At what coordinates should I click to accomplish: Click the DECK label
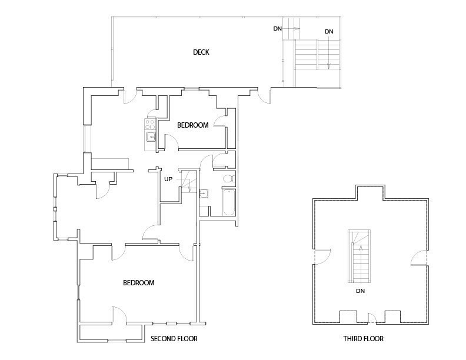point(201,52)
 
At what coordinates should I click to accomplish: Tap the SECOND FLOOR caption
point(174,339)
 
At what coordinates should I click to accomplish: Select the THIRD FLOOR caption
point(363,339)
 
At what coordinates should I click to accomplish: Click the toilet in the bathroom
point(229,179)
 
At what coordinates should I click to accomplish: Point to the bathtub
point(229,202)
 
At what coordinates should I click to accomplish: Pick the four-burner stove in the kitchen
point(150,124)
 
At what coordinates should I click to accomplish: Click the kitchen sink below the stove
point(151,137)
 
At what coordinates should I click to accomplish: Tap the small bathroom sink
point(204,193)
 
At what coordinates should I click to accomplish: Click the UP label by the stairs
point(168,179)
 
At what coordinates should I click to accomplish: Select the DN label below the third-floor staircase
point(360,291)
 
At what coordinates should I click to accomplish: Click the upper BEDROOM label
point(193,125)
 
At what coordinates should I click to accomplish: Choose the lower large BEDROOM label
point(139,282)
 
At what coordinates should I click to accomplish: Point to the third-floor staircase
point(360,256)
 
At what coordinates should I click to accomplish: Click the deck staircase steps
point(317,55)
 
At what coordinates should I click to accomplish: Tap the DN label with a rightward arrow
point(278,29)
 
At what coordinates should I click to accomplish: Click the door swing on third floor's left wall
point(322,256)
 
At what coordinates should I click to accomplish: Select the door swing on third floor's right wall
point(420,258)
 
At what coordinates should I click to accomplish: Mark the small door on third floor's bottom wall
point(372,318)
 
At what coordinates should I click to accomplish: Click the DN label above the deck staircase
point(329,32)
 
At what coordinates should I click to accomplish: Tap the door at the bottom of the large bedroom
point(120,315)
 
